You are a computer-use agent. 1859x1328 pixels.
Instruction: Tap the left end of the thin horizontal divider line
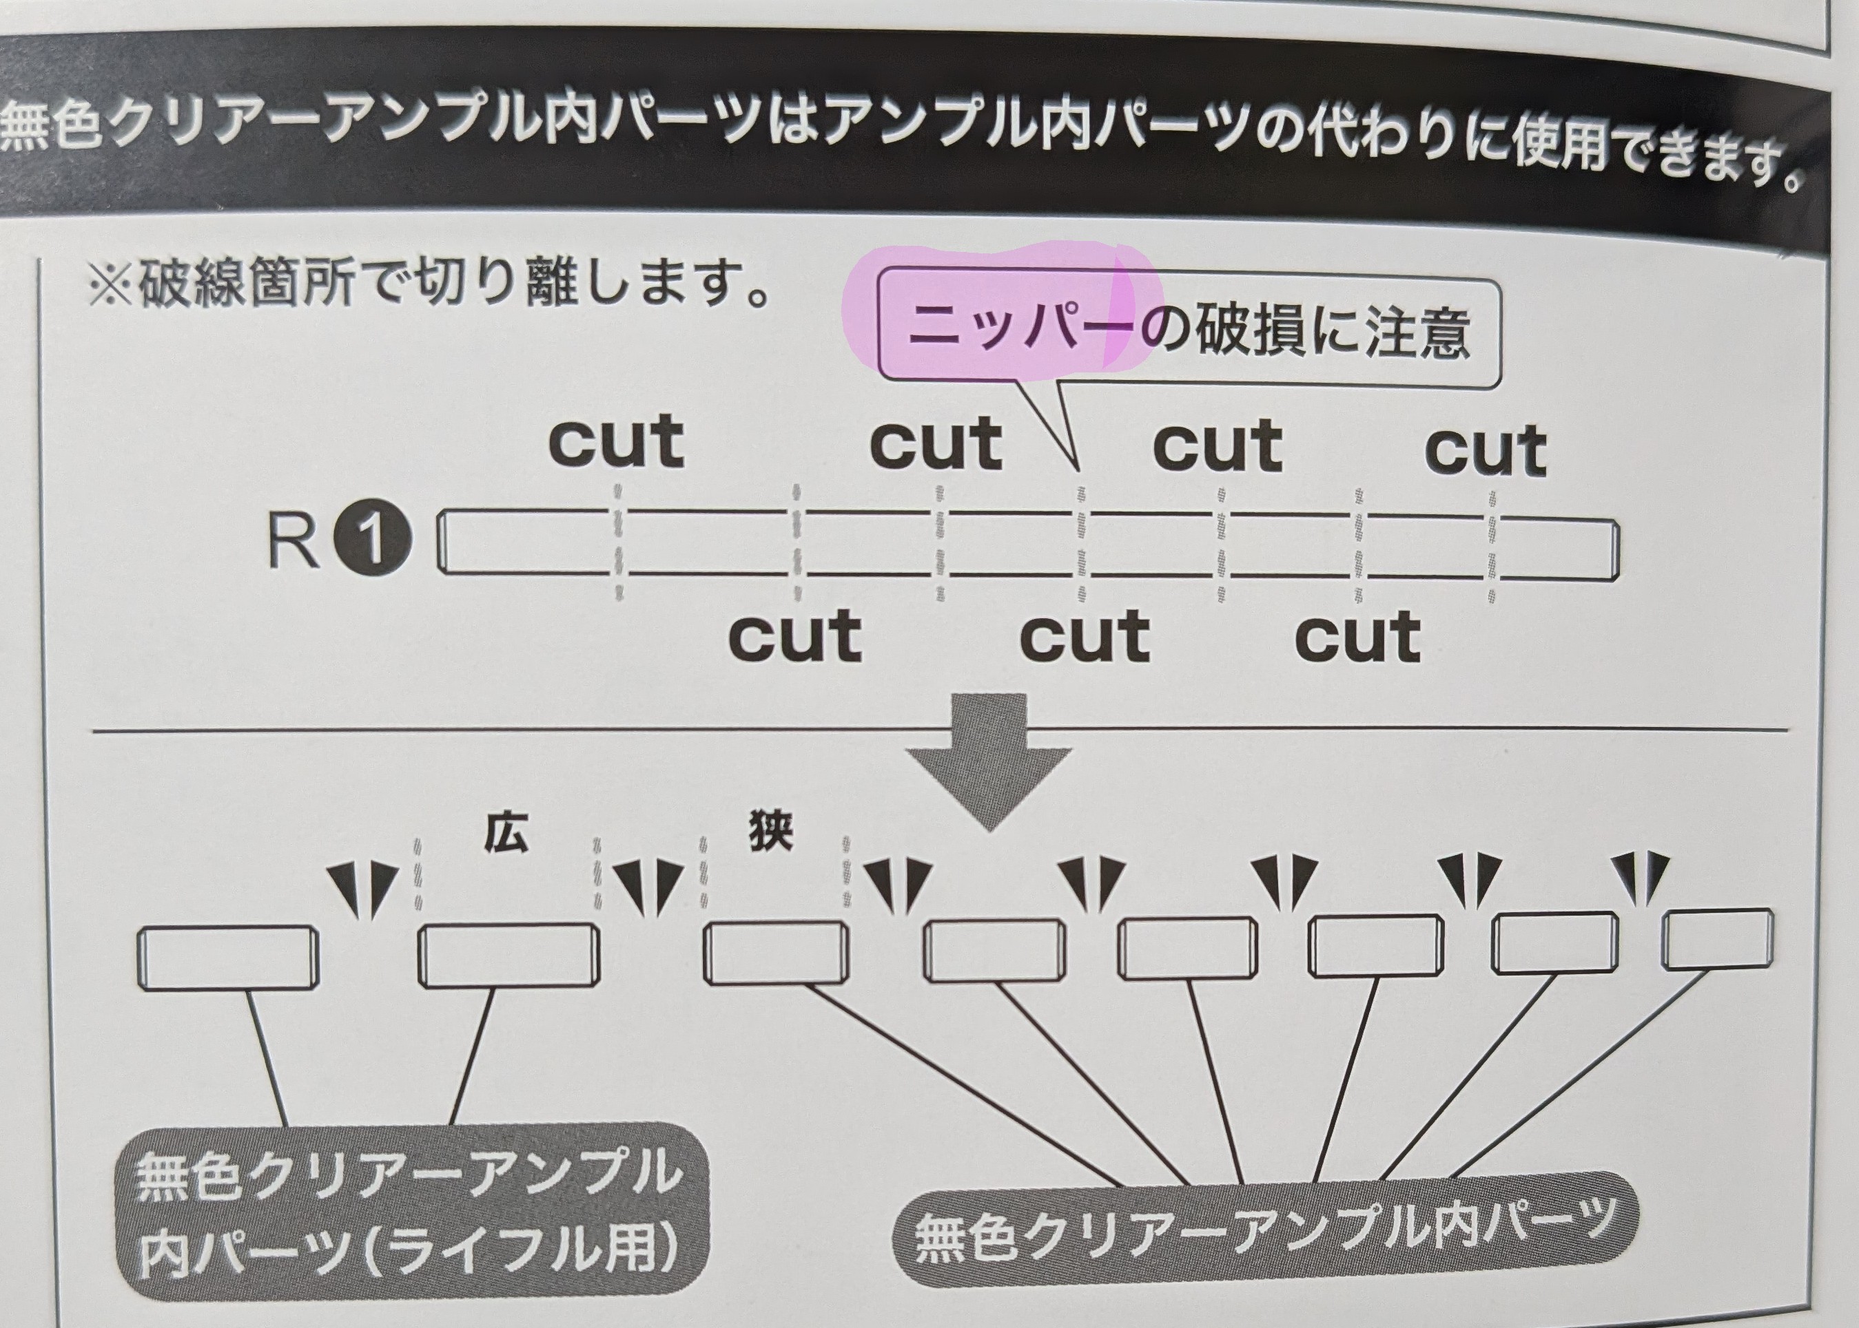[94, 730]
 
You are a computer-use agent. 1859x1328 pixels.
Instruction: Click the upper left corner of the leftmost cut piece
[139, 930]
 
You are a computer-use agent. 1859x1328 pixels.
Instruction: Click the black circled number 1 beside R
[372, 540]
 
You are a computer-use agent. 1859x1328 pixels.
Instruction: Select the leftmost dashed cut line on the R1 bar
[619, 542]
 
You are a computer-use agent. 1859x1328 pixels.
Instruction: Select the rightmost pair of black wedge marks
[1646, 876]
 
